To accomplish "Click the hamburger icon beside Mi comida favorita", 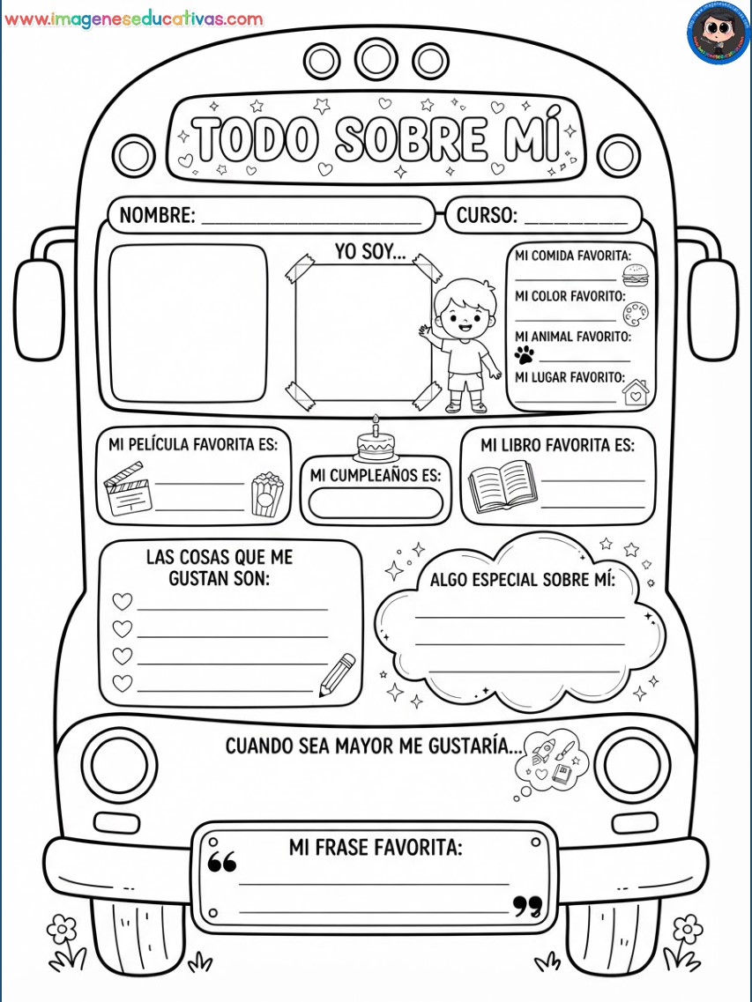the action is [x=635, y=275].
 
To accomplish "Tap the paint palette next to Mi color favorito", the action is [x=635, y=313].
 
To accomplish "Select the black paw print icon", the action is [x=525, y=354].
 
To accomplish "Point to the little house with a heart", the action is [x=635, y=392].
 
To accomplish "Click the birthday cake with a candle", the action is [x=376, y=441].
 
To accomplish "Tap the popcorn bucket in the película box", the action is [x=267, y=494].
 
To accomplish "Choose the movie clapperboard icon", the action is [x=128, y=489].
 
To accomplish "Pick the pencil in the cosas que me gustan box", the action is [x=338, y=675].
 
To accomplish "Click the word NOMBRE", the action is [x=157, y=215].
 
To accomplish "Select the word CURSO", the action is [x=487, y=215].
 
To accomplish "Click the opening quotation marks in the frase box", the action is [x=222, y=862].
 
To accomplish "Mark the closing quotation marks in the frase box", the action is [x=527, y=906].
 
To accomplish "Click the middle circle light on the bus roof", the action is [x=376, y=59].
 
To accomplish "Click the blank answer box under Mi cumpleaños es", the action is [x=376, y=503].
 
